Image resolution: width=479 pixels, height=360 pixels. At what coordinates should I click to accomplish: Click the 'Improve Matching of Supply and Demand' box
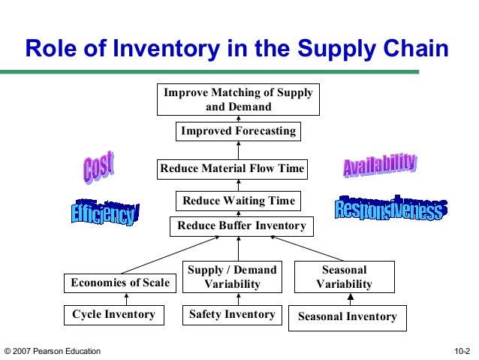pos(239,99)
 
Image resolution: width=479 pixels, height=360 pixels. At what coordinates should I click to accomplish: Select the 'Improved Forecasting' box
pos(238,132)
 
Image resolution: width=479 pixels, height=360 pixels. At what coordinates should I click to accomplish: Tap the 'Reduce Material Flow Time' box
pos(232,169)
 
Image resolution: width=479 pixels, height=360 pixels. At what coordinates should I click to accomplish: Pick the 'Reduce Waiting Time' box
pos(239,201)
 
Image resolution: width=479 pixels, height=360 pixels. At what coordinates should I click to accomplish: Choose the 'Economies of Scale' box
pos(119,283)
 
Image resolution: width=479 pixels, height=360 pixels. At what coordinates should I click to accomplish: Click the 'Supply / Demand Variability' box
pos(232,277)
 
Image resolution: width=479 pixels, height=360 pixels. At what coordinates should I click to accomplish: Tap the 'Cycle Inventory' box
pos(113,315)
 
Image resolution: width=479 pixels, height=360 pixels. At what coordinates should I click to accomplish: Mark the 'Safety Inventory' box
pos(232,315)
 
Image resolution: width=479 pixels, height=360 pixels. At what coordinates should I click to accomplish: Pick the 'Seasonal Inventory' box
pos(347,317)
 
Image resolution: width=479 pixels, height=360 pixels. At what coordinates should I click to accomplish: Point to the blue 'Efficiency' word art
pos(104,213)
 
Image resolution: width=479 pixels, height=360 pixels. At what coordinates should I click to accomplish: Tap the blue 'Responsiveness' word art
pos(388,208)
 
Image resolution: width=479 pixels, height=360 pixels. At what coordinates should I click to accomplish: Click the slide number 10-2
pos(462,351)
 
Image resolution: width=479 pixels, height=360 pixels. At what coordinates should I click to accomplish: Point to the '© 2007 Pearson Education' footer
pos(52,351)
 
